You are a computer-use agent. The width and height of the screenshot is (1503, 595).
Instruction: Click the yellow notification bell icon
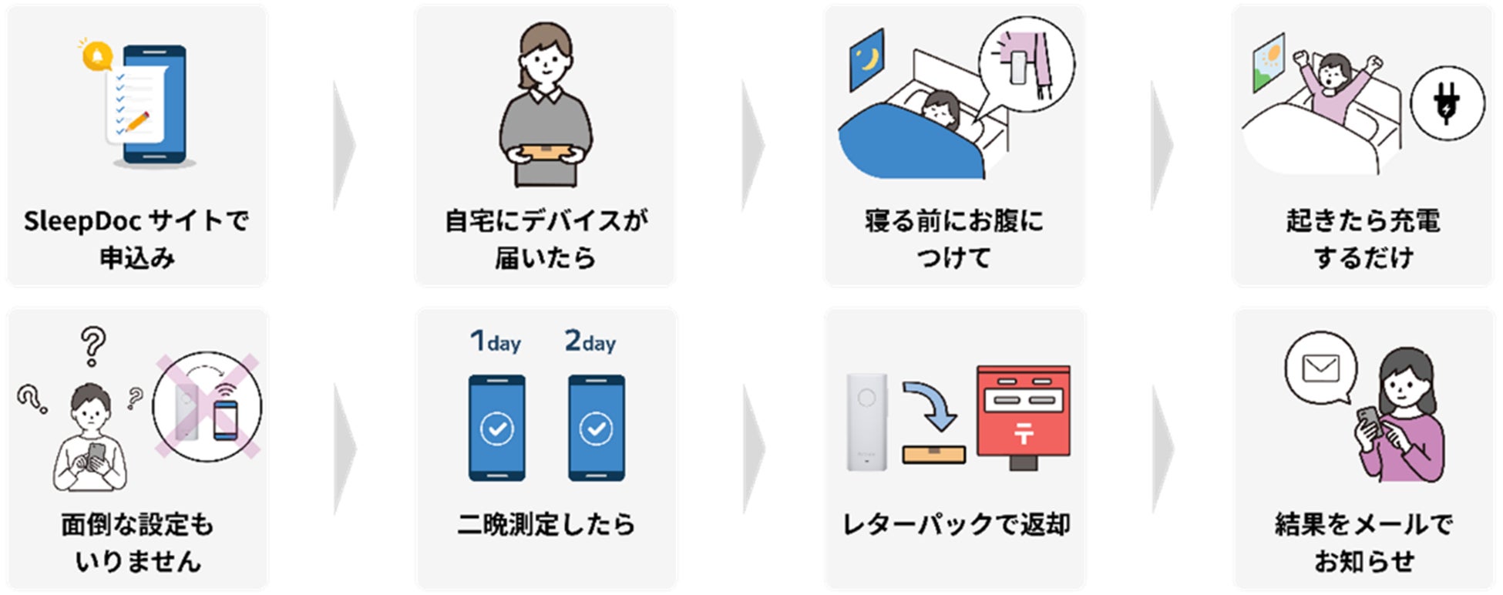pos(97,56)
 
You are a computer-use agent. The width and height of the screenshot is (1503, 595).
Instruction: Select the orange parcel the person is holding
pos(545,151)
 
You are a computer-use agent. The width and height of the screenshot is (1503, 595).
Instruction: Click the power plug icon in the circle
pos(1447,103)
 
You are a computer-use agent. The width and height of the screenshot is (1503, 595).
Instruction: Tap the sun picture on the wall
pos(1269,60)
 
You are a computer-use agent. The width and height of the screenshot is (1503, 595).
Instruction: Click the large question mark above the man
pos(93,345)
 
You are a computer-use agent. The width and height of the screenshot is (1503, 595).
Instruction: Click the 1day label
pos(496,341)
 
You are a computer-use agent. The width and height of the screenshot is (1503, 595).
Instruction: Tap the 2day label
pos(590,341)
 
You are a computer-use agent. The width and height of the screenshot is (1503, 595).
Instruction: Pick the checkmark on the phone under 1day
pos(497,429)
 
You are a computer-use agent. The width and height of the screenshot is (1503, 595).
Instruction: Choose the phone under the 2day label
pos(597,428)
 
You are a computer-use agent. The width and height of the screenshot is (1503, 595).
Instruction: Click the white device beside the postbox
pos(866,422)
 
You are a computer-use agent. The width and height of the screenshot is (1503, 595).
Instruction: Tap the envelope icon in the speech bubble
pos(1320,368)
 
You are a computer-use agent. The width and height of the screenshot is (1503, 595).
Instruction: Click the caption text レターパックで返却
pos(956,525)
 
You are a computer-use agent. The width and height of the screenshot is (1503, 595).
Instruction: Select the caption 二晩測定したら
pos(546,525)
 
